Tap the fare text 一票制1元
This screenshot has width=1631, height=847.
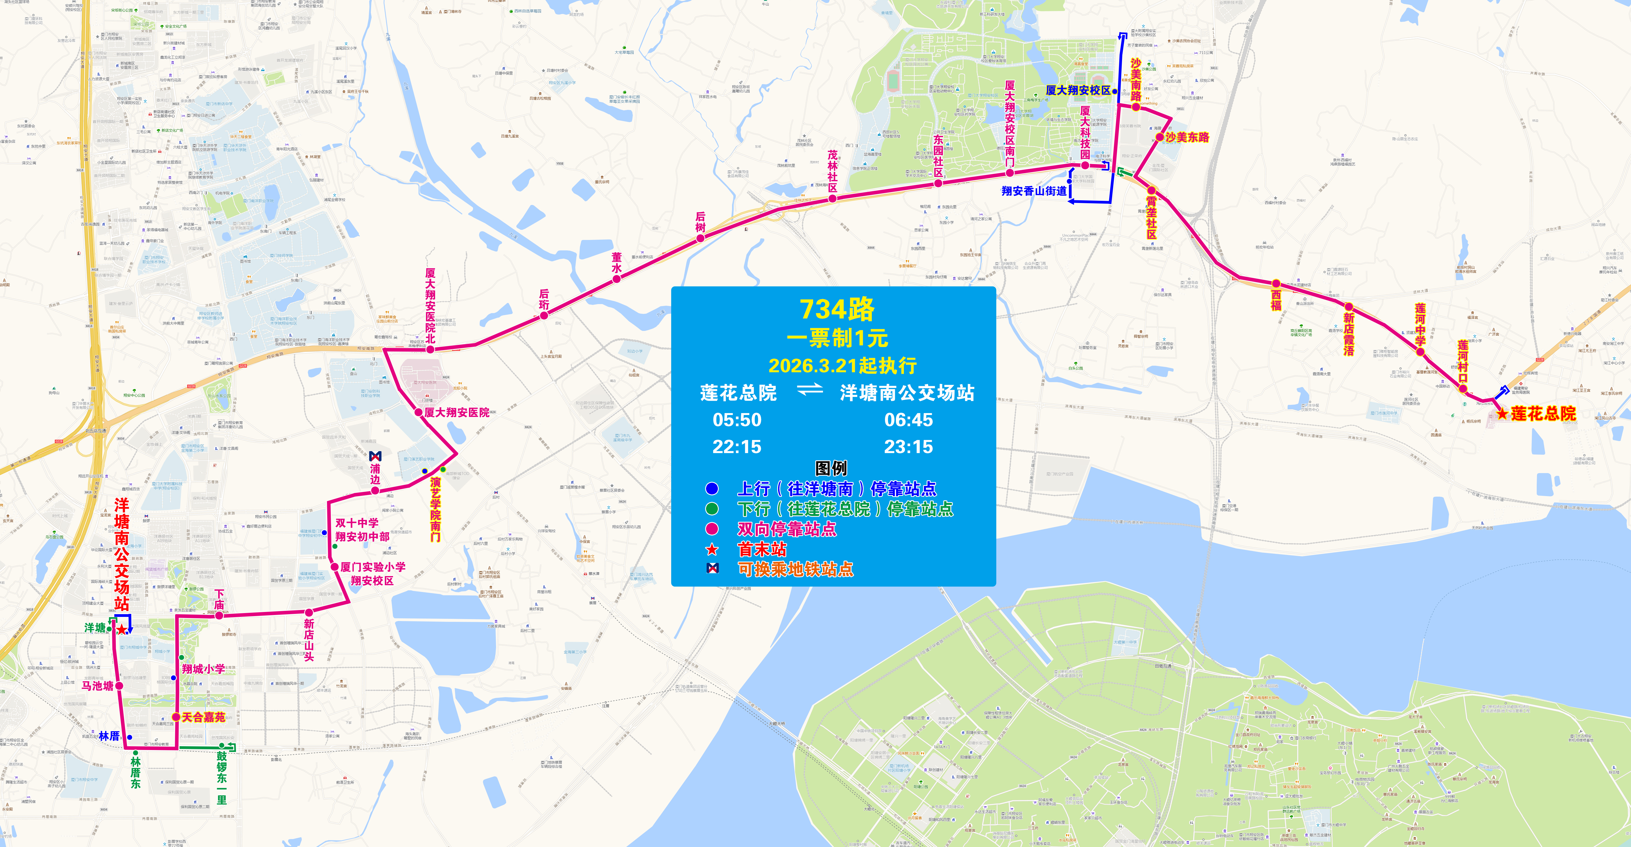[x=837, y=339]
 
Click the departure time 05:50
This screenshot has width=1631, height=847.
[x=737, y=420]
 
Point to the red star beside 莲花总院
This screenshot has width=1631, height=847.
[x=1502, y=414]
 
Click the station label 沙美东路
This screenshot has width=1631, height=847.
[x=1187, y=137]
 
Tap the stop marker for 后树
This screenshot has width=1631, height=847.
[x=700, y=238]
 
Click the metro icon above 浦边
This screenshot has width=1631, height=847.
[x=375, y=456]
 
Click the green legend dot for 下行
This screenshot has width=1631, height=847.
[x=712, y=509]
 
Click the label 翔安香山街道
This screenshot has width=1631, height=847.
[x=1034, y=191]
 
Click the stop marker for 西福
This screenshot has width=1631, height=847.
[x=1276, y=284]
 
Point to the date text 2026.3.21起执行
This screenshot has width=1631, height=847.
[x=842, y=365]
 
